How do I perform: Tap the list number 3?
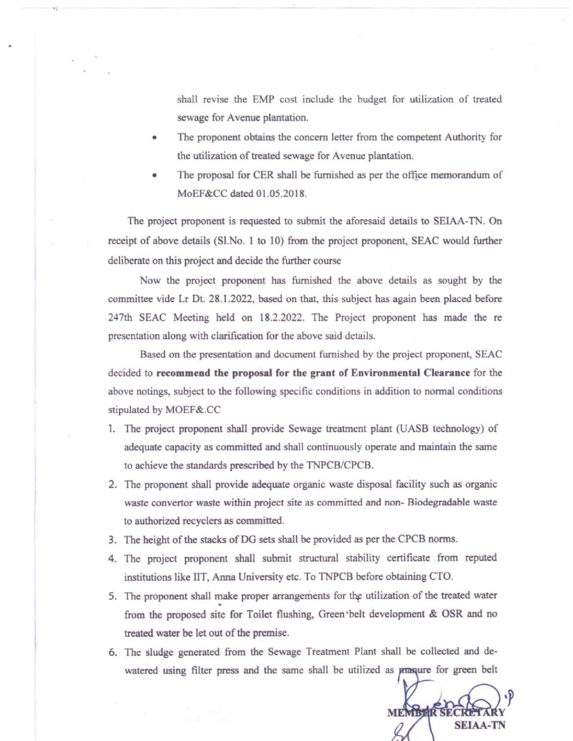tap(112, 540)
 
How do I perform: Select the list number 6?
tap(112, 652)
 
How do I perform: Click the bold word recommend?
tap(183, 373)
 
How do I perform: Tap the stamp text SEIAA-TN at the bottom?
tap(480, 725)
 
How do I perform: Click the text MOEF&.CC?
tap(193, 410)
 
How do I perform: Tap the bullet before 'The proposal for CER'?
tap(154, 176)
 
